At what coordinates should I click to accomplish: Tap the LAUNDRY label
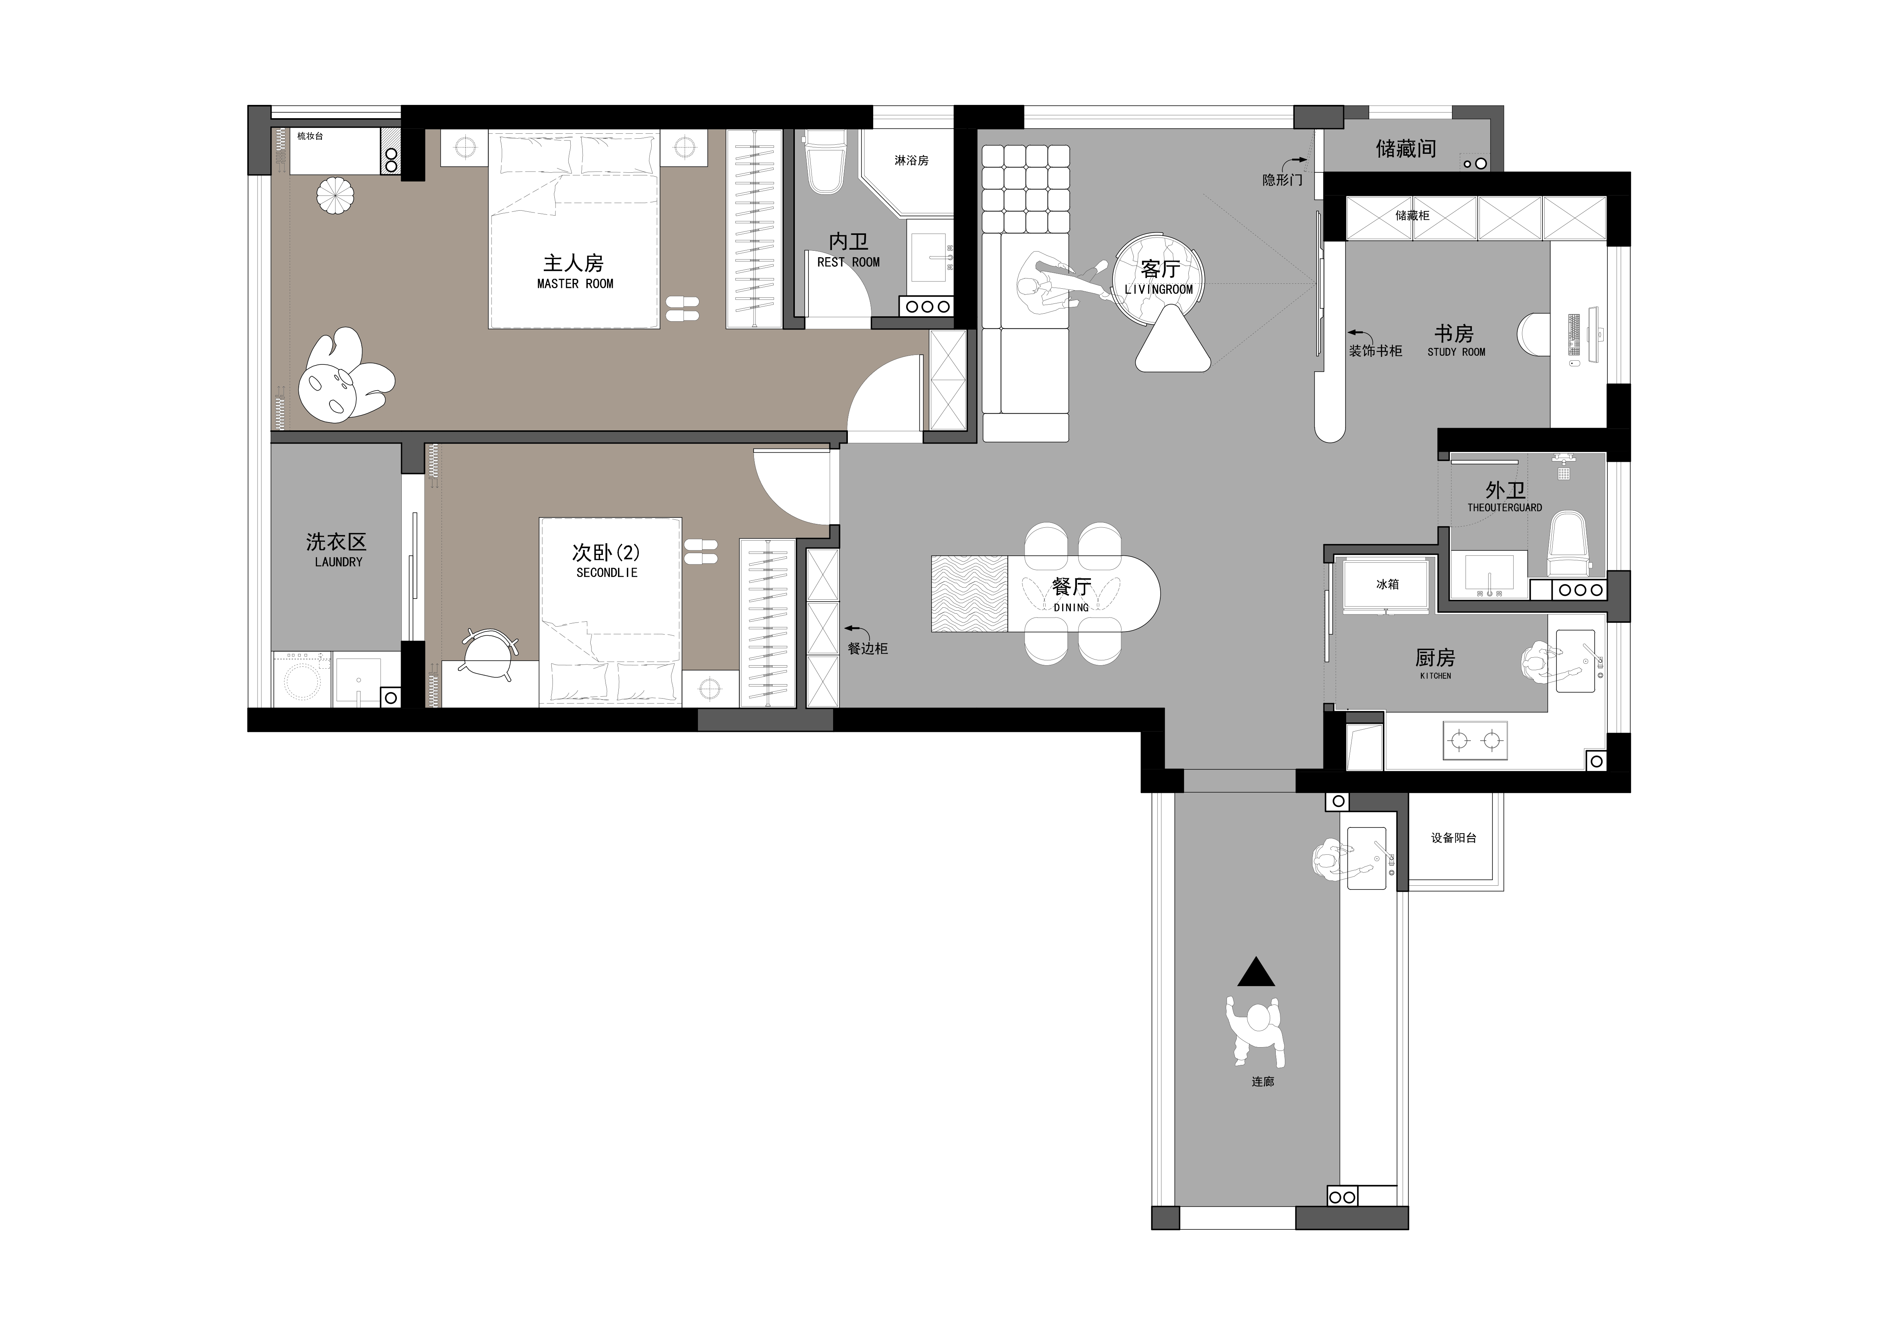338,562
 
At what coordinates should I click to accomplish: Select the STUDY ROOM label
1456,352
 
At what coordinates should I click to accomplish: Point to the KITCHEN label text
1436,675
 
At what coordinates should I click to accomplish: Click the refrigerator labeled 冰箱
1387,584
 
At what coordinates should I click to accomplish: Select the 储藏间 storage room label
1406,148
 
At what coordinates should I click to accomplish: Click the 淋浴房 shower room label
911,161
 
